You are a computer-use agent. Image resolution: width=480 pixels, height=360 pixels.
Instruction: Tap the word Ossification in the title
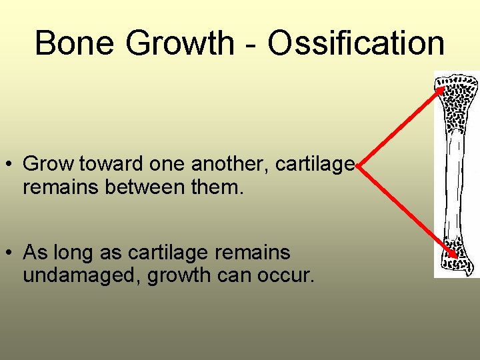coord(356,43)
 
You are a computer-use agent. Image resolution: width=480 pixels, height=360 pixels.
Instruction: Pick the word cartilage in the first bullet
coord(319,164)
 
